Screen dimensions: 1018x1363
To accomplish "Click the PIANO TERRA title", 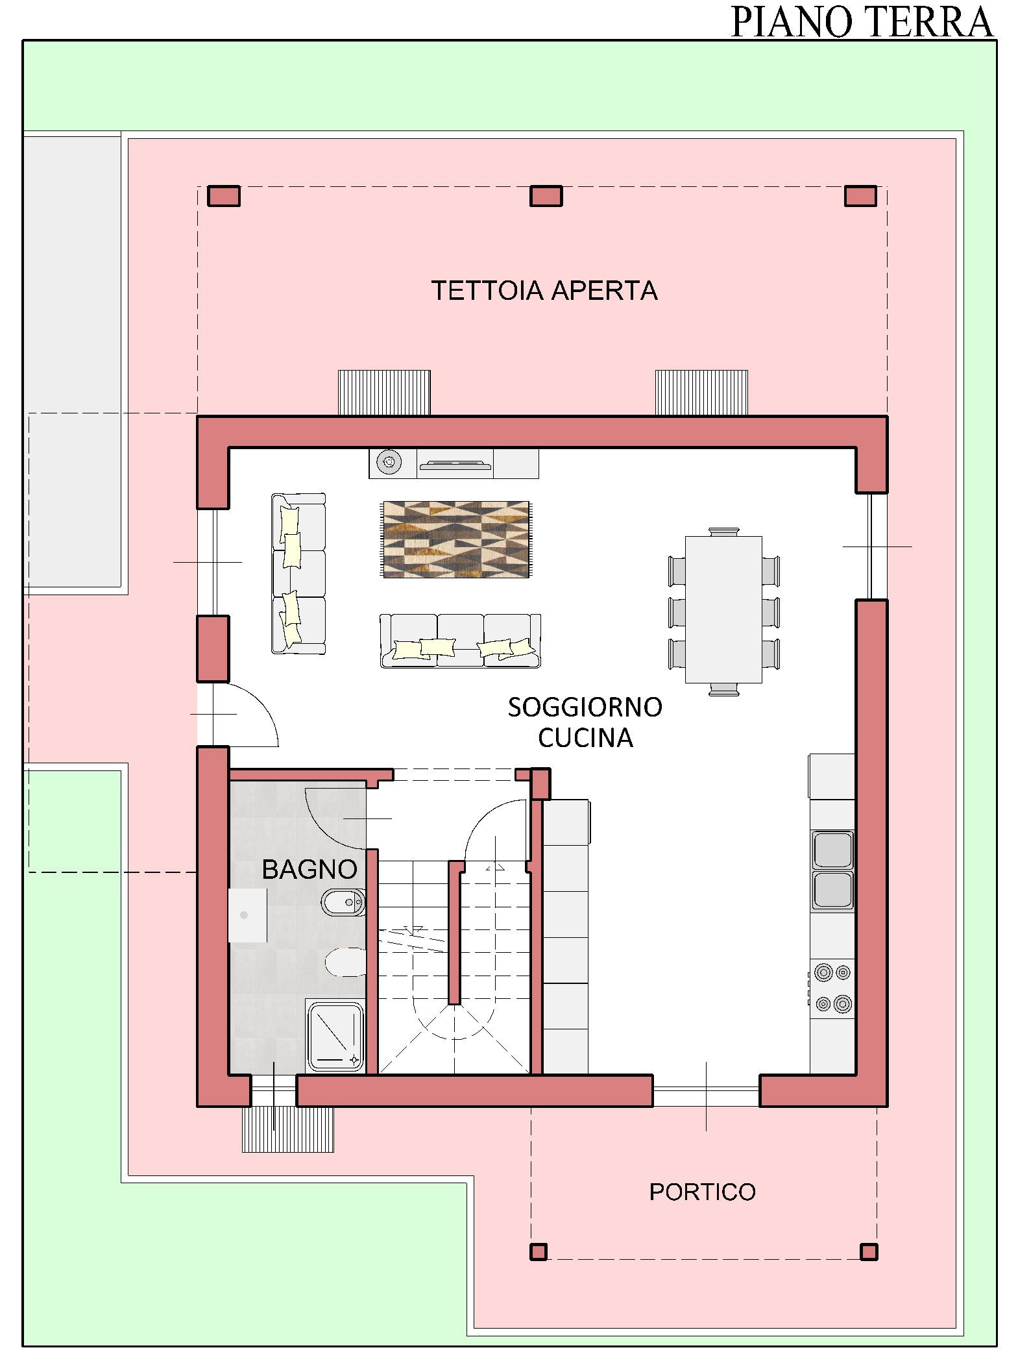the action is coord(862,21).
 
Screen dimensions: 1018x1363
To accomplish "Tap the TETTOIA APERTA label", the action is coord(544,291).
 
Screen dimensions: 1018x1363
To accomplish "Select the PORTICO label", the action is coord(703,1192).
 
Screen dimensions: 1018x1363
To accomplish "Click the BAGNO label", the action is coord(309,869).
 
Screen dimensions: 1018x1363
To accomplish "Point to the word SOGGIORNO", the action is coord(585,707).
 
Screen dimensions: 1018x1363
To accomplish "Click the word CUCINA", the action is coord(585,738).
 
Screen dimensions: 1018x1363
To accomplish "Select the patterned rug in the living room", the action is coord(456,539).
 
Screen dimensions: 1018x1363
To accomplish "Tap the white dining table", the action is coord(723,609).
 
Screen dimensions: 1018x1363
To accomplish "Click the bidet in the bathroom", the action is coord(343,902).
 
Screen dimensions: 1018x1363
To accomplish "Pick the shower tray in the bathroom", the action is coord(335,1037).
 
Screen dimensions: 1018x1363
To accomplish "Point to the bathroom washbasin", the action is coord(247,915).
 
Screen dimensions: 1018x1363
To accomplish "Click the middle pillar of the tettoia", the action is coord(546,196).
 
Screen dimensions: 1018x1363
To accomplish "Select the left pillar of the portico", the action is coord(539,1251).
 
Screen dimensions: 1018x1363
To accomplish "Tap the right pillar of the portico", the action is coord(869,1251).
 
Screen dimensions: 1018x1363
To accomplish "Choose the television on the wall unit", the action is coord(455,464).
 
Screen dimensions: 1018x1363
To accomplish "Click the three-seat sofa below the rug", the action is coord(460,641).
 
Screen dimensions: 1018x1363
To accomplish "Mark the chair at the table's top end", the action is coord(724,532).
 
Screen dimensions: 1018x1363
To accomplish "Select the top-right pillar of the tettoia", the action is coord(860,196).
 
